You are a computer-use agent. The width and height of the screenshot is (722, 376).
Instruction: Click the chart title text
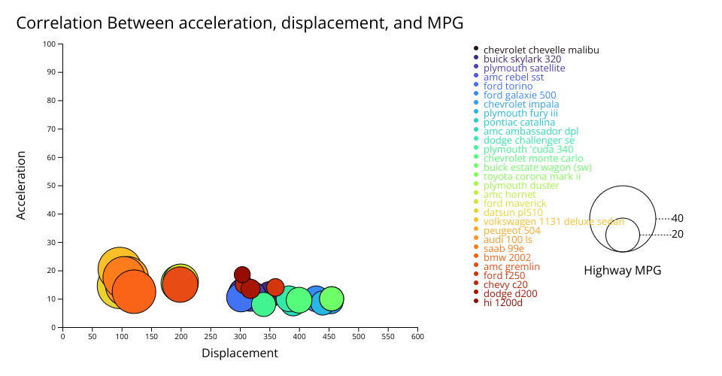(x=239, y=23)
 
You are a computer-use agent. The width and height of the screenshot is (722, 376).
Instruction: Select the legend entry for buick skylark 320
(x=522, y=59)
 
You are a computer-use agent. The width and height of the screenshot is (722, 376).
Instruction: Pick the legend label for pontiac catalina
(x=519, y=122)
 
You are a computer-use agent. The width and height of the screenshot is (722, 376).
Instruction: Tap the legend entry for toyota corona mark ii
(x=532, y=176)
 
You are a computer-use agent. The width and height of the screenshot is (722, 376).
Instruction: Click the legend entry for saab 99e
(x=503, y=248)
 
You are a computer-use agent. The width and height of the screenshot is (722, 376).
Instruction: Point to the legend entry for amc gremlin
(x=511, y=266)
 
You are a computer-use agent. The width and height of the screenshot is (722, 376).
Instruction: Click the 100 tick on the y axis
(x=50, y=44)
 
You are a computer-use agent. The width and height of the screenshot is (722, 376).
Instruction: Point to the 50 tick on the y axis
(x=52, y=186)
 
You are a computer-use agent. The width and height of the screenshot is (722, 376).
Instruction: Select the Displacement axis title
(x=240, y=353)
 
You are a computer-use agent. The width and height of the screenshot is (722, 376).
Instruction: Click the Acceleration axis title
(x=21, y=185)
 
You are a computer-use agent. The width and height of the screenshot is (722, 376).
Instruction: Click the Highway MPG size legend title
(x=622, y=271)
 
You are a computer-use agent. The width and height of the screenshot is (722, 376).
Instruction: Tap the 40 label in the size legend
(x=677, y=218)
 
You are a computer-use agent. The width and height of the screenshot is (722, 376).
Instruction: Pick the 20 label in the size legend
(x=677, y=235)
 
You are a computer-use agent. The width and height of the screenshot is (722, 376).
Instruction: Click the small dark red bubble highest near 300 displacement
(x=242, y=274)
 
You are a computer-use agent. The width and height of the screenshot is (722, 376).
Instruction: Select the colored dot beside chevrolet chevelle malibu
(x=476, y=49)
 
